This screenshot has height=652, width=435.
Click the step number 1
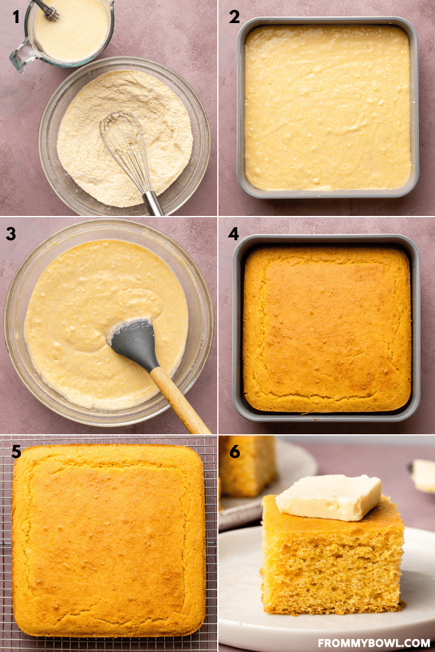(x=16, y=17)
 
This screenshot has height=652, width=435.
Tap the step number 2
(x=234, y=17)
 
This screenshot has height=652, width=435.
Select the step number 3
(x=11, y=234)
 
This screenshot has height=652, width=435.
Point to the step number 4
(x=233, y=234)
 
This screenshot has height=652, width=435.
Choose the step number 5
(x=16, y=451)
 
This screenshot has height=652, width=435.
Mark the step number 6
(x=234, y=451)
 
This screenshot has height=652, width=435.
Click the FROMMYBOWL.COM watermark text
(x=374, y=643)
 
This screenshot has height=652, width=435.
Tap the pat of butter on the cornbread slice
(x=328, y=497)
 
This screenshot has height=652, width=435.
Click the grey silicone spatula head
(x=134, y=343)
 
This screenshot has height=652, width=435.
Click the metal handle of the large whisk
(x=153, y=204)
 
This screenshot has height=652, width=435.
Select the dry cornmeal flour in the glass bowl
(x=124, y=137)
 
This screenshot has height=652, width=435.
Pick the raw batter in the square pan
(x=327, y=107)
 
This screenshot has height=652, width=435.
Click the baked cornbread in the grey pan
(x=327, y=328)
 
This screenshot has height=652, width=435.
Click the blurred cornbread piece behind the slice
(x=247, y=466)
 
